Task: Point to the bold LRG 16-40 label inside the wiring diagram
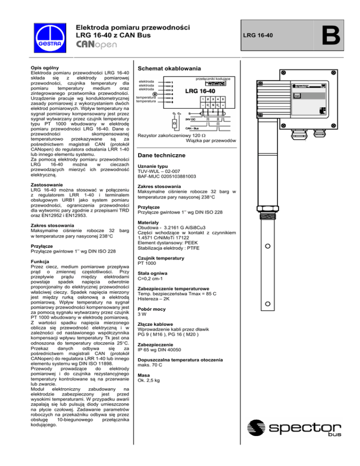(x=200, y=91)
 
